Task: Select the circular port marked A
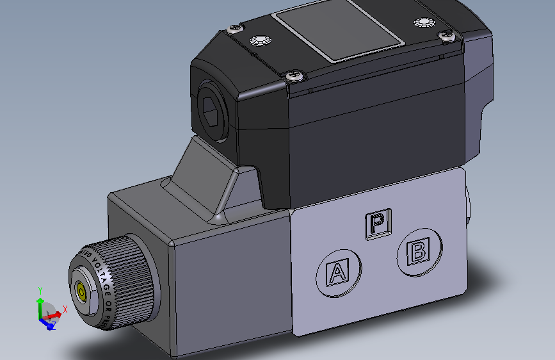(337, 274)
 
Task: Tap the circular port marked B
(419, 251)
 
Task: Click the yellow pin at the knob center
(82, 293)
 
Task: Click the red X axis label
(65, 309)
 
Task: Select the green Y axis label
(40, 290)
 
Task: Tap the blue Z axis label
(53, 326)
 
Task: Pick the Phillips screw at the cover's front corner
(295, 76)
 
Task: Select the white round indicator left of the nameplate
(259, 41)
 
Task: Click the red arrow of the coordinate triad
(54, 315)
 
